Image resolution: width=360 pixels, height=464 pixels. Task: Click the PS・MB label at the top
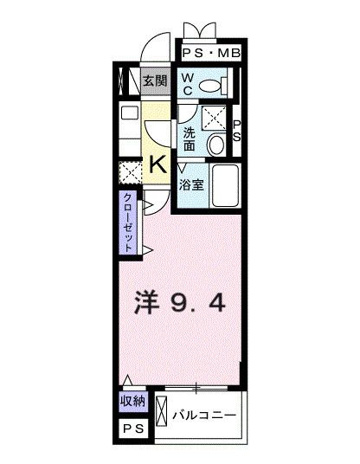(211, 54)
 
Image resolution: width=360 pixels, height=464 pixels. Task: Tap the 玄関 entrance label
(155, 82)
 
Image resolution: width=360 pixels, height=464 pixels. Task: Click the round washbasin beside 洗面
(217, 144)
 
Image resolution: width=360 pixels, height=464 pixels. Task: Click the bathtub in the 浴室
(222, 183)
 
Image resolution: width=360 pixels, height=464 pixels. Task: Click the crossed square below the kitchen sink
(131, 172)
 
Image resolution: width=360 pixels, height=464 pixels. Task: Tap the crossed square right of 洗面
(215, 117)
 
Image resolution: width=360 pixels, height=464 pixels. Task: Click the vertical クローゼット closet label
(128, 222)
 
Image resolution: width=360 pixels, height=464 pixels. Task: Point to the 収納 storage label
(132, 403)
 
